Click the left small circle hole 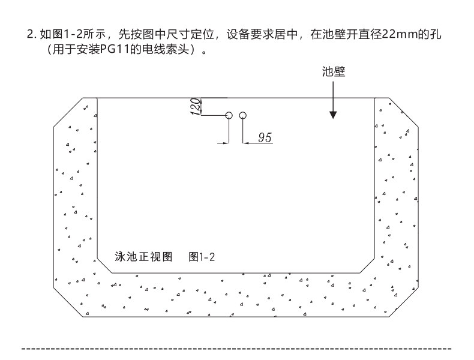[229, 115]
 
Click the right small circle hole [243, 115]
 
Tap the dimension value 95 [264, 137]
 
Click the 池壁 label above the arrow [334, 72]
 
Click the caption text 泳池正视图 [143, 257]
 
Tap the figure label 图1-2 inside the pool [202, 257]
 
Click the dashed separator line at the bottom [237, 347]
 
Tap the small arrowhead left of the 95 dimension [226, 143]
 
